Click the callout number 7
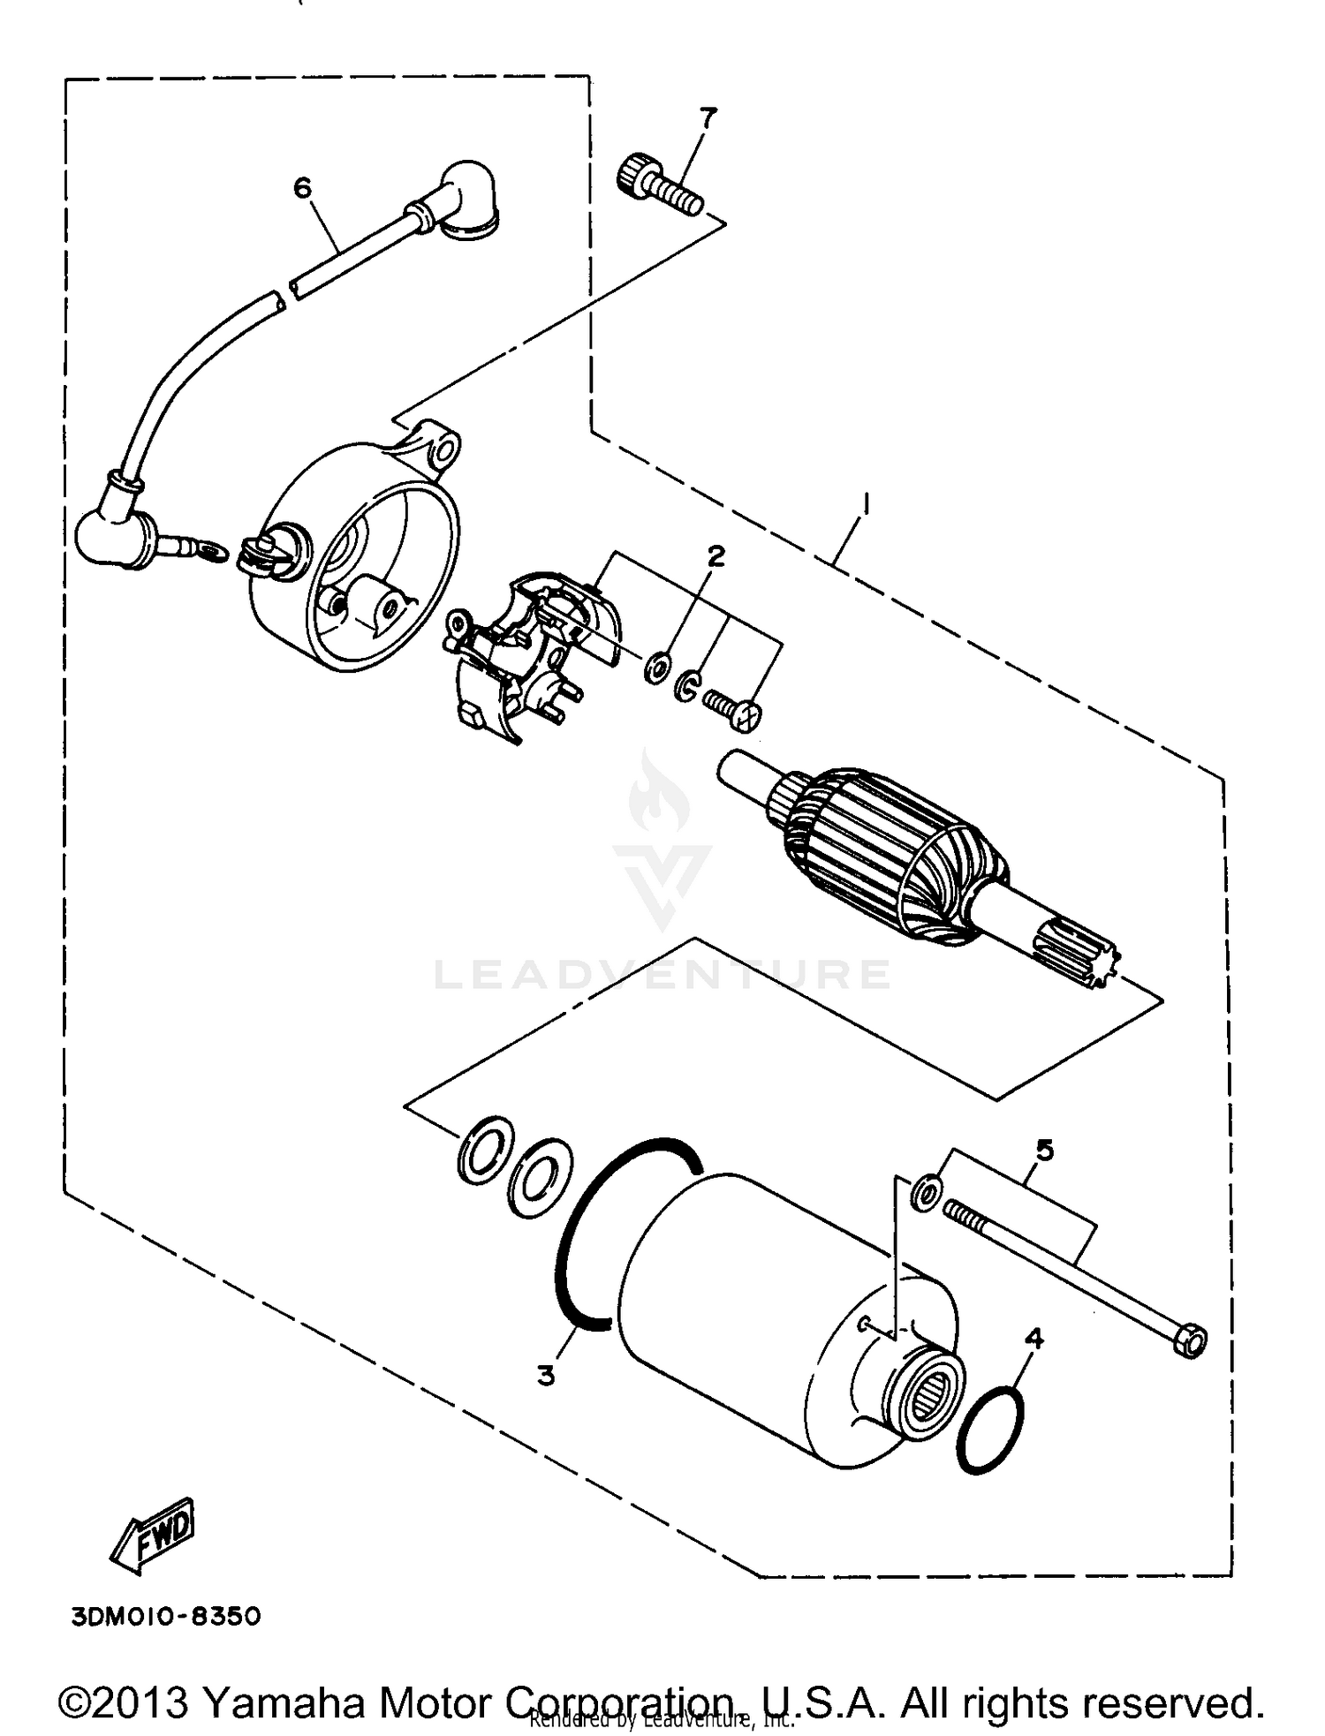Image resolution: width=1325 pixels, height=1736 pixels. click(708, 117)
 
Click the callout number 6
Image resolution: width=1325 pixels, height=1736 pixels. click(302, 187)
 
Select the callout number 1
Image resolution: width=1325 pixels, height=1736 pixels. click(867, 504)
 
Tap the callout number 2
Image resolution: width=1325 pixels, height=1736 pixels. click(715, 555)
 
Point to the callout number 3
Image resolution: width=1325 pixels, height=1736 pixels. click(546, 1375)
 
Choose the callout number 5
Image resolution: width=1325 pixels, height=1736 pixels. click(1044, 1151)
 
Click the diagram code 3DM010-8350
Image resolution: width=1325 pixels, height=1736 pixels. click(166, 1617)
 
